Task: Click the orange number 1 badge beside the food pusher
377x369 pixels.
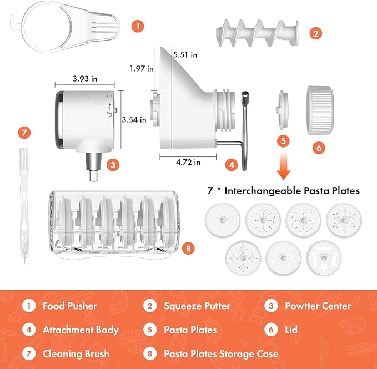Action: point(138,26)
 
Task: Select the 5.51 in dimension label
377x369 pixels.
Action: point(185,55)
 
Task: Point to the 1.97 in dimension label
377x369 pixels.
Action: point(142,69)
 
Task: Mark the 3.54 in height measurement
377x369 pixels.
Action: point(135,119)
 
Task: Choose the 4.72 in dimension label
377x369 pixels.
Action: point(189,163)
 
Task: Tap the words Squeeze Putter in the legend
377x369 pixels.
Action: point(197,306)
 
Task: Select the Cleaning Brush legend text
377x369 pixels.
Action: point(76,353)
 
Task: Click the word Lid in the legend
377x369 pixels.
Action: point(292,330)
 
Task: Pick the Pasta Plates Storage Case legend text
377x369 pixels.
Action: point(221,353)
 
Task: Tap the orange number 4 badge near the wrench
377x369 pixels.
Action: point(233,164)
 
